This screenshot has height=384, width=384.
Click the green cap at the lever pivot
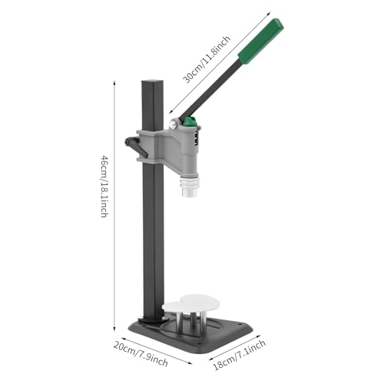click(187, 123)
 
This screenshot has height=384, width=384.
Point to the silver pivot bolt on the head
click(176, 123)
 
